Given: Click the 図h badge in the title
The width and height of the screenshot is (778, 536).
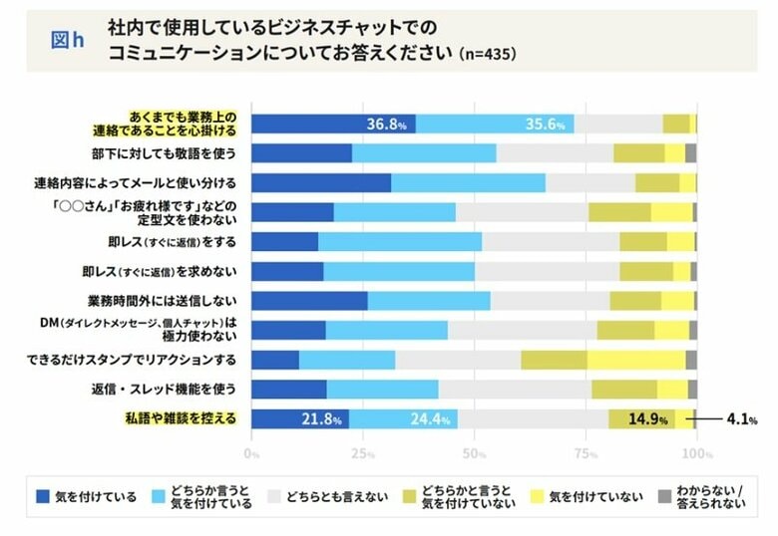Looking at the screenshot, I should (x=67, y=41).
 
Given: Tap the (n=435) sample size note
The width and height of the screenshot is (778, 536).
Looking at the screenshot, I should (x=486, y=53).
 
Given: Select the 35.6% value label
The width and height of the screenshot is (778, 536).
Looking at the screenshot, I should (x=546, y=125).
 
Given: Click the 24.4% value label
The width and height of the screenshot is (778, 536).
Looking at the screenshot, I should (x=432, y=419).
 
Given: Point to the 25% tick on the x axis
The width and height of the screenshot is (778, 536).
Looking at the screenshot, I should (x=363, y=454).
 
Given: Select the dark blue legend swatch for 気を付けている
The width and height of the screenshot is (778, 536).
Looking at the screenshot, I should (x=41, y=496).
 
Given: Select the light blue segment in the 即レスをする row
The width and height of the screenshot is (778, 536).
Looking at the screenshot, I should (x=400, y=241).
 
